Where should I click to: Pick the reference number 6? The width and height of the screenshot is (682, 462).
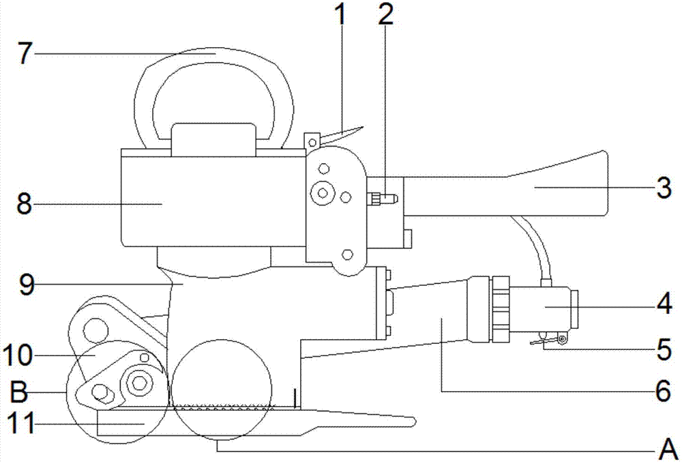pyautogui.click(x=664, y=391)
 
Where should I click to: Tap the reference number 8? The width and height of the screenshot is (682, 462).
pyautogui.click(x=25, y=203)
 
